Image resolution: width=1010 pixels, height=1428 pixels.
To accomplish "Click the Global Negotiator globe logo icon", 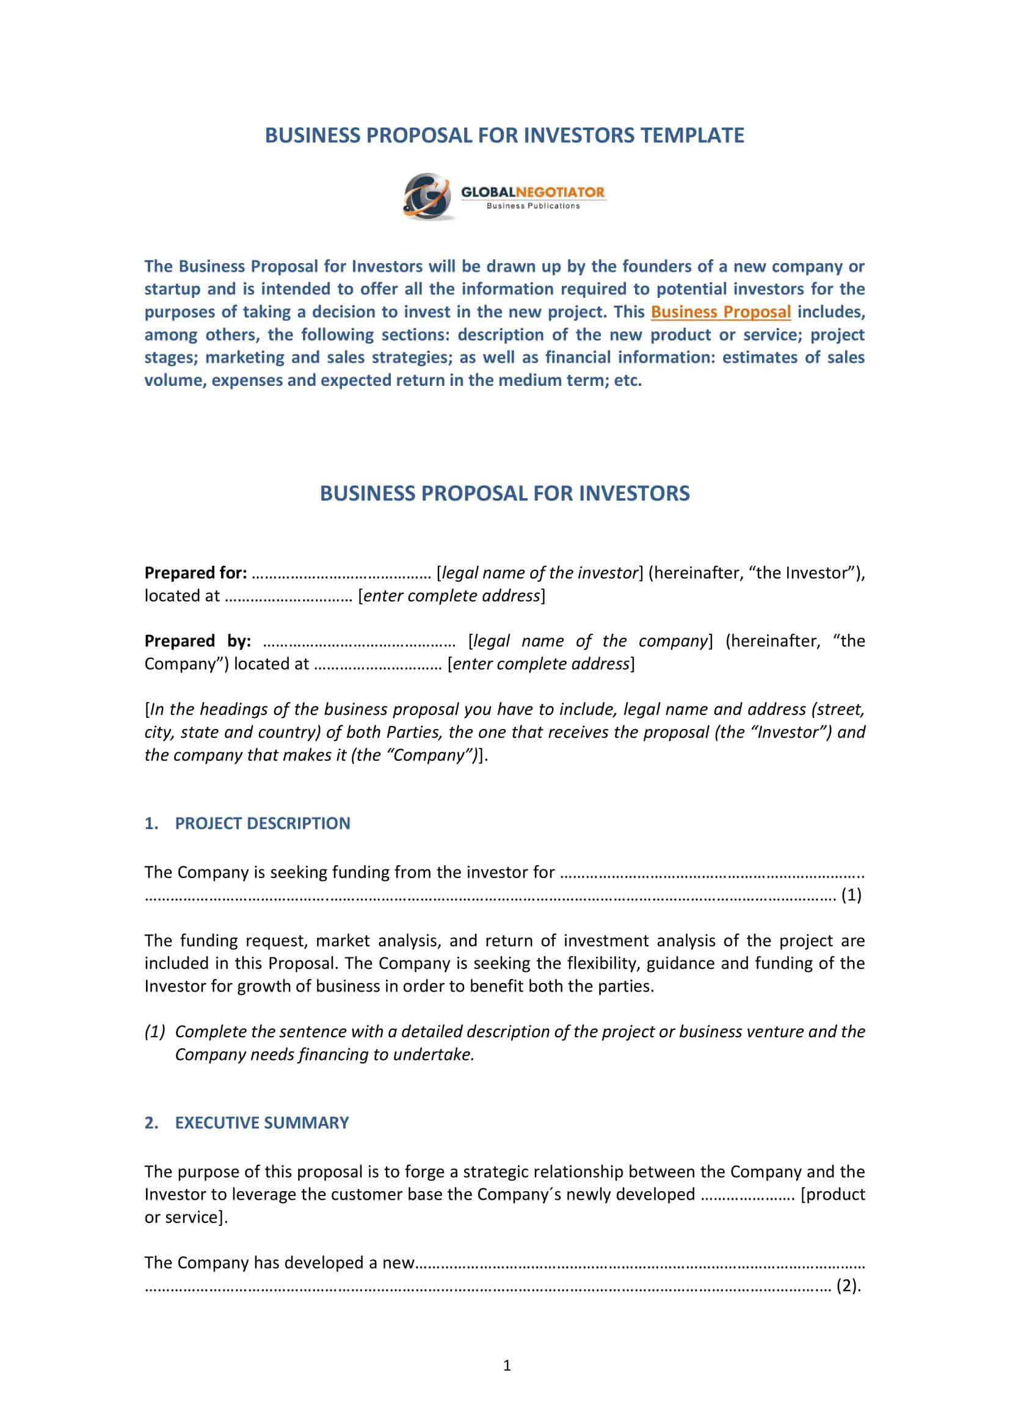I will (427, 197).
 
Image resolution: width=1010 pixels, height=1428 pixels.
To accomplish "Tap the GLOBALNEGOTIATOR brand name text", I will (532, 192).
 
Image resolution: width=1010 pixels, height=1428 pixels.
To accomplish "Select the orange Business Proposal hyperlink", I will (720, 311).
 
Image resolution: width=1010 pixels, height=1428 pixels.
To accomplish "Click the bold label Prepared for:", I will (196, 573).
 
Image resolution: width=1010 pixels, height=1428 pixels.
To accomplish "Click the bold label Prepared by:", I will (198, 640).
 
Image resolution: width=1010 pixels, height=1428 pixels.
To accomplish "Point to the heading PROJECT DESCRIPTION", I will (263, 824).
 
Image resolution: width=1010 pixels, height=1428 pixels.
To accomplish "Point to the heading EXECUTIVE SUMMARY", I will (262, 1123).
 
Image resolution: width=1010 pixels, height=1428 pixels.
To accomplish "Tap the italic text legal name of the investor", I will (539, 573).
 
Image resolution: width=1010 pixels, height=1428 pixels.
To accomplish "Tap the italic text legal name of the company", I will (590, 640).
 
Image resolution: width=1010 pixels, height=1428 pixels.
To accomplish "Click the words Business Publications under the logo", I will (533, 206).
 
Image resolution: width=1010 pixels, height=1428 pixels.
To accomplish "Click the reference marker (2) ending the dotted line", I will (848, 1286).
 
